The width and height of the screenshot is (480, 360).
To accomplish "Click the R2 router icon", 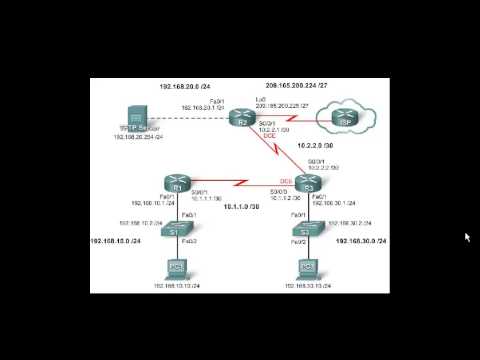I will pyautogui.click(x=242, y=118).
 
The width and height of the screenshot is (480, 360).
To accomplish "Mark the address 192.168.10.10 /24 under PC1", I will pyautogui.click(x=177, y=285).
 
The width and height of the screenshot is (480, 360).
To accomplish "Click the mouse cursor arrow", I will pyautogui.click(x=467, y=237).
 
